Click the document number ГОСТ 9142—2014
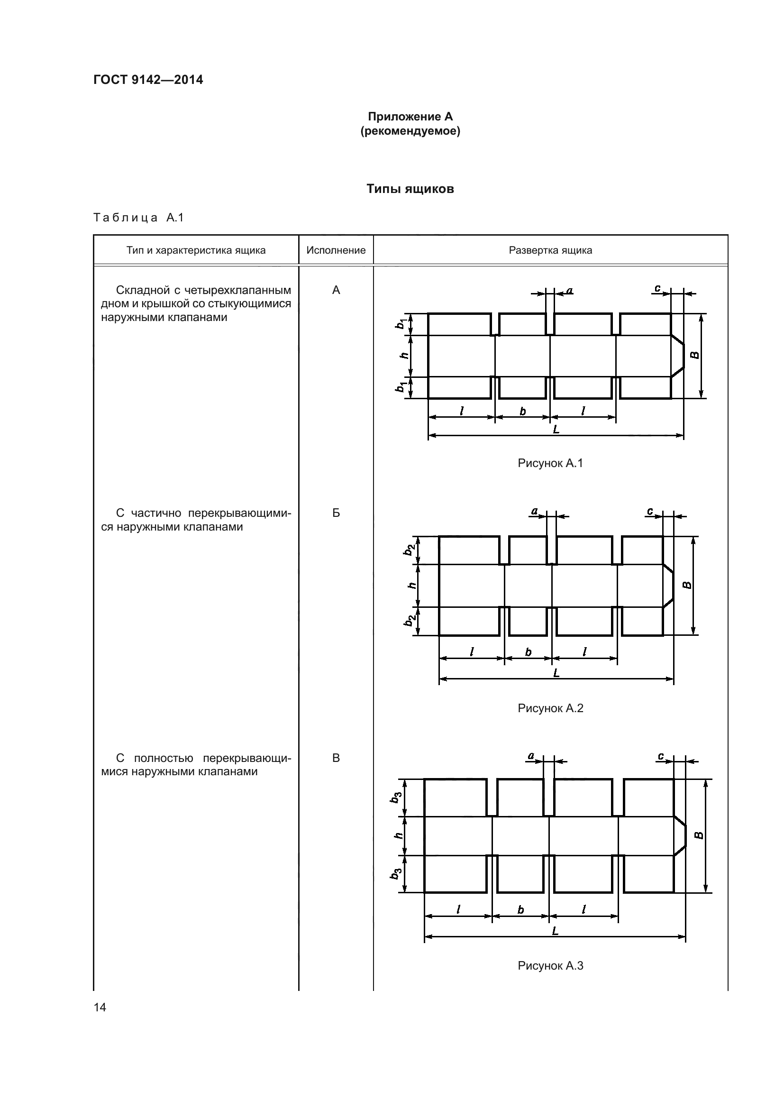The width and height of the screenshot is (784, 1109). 148,80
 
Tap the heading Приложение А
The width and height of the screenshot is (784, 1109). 410,117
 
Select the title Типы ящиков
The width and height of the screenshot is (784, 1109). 410,189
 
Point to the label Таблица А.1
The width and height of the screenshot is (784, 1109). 138,218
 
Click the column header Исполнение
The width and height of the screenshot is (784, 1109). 336,250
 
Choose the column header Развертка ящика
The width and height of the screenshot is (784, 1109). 550,250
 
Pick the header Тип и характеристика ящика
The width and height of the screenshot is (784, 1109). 196,250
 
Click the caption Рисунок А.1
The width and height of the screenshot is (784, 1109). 550,463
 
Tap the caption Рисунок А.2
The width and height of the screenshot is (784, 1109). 550,708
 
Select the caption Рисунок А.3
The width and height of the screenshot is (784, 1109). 550,965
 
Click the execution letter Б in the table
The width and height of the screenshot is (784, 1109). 336,513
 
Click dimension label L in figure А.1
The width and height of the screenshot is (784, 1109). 556,429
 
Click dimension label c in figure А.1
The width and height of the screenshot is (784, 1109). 657,288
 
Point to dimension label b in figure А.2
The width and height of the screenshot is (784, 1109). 528,652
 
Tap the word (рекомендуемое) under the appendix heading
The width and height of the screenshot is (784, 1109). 410,131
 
